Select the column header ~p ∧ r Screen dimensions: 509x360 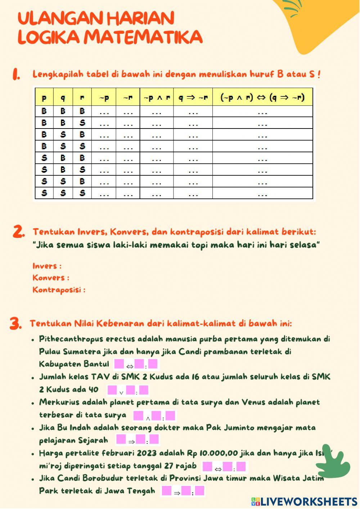pyautogui.click(x=157, y=97)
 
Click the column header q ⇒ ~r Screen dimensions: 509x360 pyautogui.click(x=193, y=97)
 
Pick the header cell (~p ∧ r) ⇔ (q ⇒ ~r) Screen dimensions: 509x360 pyautogui.click(x=262, y=97)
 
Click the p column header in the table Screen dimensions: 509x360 pyautogui.click(x=44, y=98)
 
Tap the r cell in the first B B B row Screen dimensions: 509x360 pyautogui.click(x=82, y=111)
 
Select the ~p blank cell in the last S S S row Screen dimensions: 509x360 pyautogui.click(x=104, y=193)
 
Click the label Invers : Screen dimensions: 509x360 pyautogui.click(x=47, y=266)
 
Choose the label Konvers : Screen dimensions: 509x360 pyautogui.click(x=51, y=278)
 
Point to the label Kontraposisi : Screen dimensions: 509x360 pyautogui.click(x=59, y=290)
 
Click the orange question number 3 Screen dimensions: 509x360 pyautogui.click(x=15, y=323)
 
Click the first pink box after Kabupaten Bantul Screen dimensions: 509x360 pyautogui.click(x=119, y=364)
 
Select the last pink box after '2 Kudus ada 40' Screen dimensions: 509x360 pyautogui.click(x=144, y=390)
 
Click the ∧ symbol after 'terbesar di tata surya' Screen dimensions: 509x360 pyautogui.click(x=148, y=418)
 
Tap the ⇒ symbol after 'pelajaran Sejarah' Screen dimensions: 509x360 pyautogui.click(x=131, y=442)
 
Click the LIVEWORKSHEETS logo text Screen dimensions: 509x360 pyautogui.click(x=308, y=501)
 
